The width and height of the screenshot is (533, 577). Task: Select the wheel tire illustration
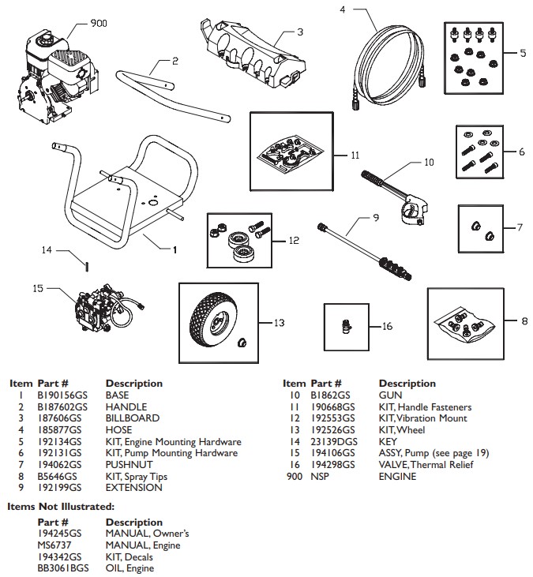[207, 317]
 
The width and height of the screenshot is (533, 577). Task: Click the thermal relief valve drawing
[347, 327]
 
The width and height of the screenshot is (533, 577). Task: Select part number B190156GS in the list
[60, 395]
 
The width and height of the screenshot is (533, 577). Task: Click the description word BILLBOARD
[133, 418]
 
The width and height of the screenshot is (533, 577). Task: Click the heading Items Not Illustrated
[61, 506]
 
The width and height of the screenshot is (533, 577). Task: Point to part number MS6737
[54, 545]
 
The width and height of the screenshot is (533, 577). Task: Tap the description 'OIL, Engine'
[129, 568]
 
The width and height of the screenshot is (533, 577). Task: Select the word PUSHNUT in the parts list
[129, 465]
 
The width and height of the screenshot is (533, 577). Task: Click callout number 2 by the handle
[175, 60]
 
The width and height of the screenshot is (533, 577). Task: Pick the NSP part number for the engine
[320, 477]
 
